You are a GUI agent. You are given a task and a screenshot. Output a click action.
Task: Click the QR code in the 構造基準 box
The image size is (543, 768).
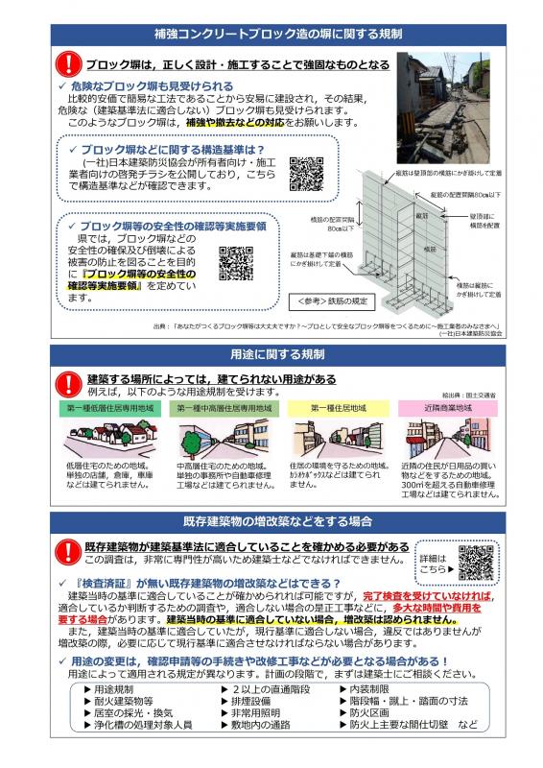click(306, 173)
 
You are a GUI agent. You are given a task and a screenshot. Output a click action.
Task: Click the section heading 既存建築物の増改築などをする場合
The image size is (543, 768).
click(271, 520)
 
